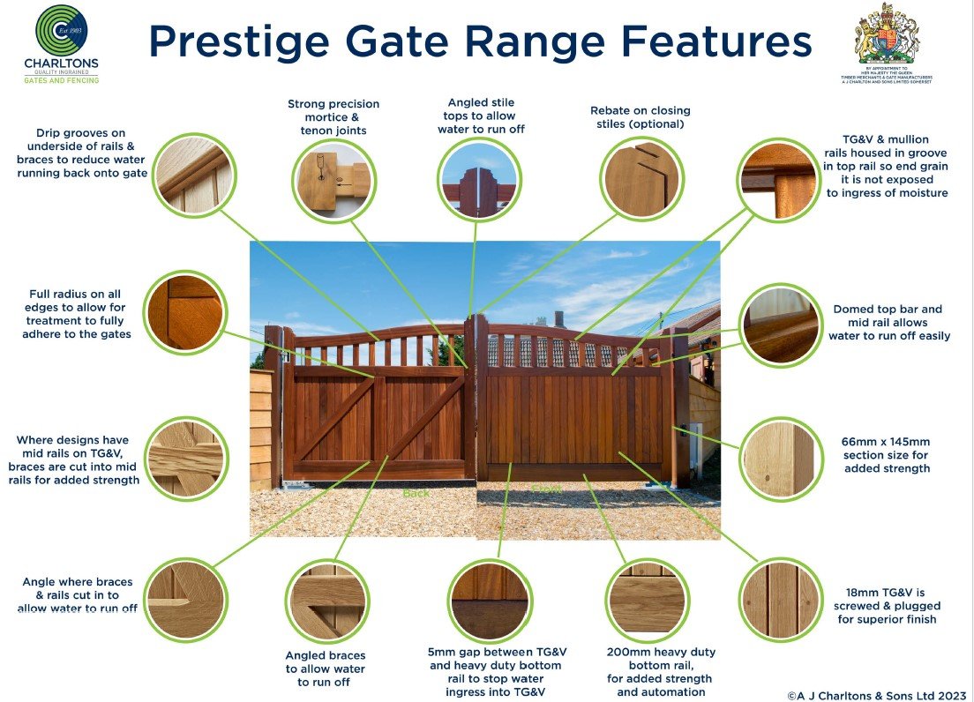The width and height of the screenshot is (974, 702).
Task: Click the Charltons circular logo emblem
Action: pos(62,31)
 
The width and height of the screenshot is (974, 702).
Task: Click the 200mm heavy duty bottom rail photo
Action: pos(647,600)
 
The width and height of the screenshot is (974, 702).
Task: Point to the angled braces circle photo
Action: pos(326,601)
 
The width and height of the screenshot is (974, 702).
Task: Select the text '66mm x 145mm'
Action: pos(887,442)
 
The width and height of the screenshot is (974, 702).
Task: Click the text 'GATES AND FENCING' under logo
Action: pos(61,80)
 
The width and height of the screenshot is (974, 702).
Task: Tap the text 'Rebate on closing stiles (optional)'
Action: pos(640,117)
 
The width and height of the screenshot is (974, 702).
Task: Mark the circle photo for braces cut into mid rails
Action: pos(183,456)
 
